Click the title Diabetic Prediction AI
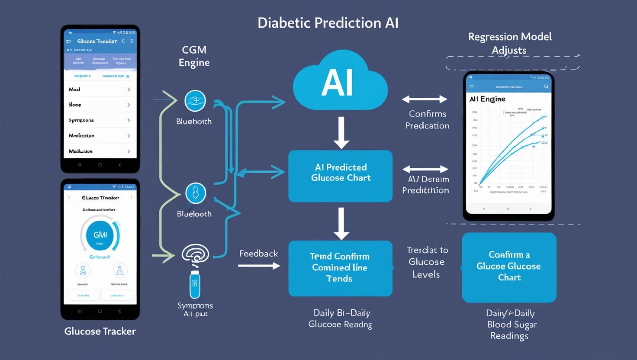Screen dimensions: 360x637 [x=328, y=23]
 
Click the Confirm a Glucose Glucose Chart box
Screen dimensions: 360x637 [x=509, y=267]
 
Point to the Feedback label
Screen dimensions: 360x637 [x=258, y=254]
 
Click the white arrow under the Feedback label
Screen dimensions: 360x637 [x=259, y=266]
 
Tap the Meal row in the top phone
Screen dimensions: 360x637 [x=100, y=90]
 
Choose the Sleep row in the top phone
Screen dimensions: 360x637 [x=100, y=105]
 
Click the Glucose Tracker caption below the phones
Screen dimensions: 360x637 [x=100, y=331]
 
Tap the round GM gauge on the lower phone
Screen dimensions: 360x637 [x=100, y=235]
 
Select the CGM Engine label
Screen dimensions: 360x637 [x=194, y=56]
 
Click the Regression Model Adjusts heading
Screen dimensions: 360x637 [x=510, y=43]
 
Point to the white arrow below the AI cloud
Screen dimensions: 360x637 [x=341, y=132]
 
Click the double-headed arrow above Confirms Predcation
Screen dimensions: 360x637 [x=425, y=100]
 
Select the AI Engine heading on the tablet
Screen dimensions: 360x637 [x=487, y=99]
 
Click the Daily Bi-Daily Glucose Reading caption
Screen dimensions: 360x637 [x=341, y=318]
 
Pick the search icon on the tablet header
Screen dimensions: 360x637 [x=546, y=87]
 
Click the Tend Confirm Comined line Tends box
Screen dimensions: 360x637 [x=340, y=268]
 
